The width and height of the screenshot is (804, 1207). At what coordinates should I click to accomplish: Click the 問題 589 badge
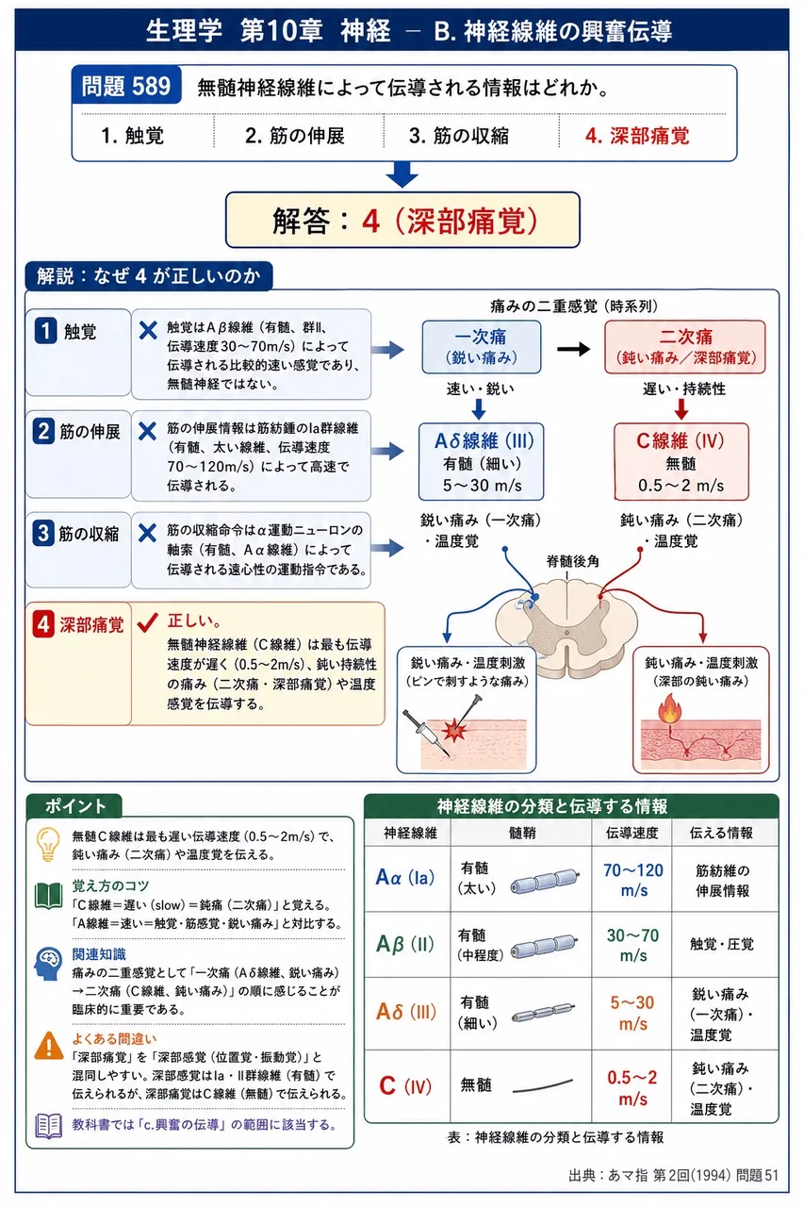126,85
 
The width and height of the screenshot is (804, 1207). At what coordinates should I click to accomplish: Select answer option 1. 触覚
133,136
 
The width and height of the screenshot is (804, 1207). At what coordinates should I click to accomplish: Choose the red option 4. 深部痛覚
637,136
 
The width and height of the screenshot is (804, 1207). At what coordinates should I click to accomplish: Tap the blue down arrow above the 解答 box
402,174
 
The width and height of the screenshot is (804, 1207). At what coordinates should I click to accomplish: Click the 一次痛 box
482,347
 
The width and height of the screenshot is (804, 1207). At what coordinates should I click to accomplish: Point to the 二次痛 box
685,347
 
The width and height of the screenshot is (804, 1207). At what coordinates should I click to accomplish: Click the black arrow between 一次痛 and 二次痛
573,349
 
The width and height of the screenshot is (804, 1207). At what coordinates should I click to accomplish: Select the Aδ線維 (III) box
482,462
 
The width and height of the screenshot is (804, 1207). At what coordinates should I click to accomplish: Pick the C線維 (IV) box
681,462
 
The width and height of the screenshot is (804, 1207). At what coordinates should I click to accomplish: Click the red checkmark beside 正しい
147,622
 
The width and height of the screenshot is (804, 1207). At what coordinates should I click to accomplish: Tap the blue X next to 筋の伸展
148,431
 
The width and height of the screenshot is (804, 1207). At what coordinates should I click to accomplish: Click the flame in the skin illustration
669,708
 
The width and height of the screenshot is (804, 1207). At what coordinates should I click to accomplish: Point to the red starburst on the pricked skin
454,731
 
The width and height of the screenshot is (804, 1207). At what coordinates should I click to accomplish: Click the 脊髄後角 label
572,561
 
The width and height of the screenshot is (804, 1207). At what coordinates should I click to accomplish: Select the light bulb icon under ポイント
48,844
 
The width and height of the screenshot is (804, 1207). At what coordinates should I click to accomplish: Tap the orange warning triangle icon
49,1046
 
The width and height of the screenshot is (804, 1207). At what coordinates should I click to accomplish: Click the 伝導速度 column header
632,833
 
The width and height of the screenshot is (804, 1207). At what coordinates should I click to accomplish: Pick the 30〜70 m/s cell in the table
632,945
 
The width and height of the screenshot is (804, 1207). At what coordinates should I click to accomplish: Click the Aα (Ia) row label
405,878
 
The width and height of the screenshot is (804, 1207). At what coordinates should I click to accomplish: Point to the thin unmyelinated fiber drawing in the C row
543,1084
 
